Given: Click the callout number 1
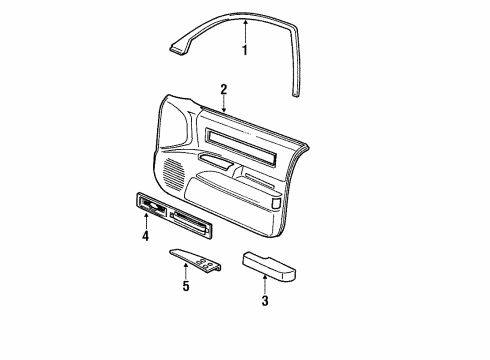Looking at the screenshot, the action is click(x=243, y=51).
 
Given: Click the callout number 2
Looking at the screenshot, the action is click(x=224, y=89).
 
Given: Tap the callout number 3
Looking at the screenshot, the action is click(x=265, y=301).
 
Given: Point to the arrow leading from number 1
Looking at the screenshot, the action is click(x=243, y=28).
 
